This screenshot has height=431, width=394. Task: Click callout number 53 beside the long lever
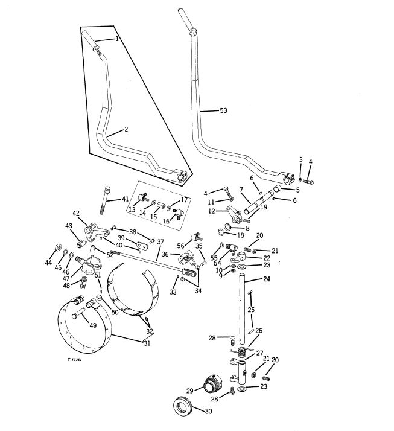(x=223, y=110)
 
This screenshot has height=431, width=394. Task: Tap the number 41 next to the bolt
(x=125, y=199)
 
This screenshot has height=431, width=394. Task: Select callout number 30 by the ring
(x=209, y=411)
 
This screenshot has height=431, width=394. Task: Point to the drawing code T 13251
(x=75, y=360)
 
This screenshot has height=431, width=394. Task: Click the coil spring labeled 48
(x=83, y=283)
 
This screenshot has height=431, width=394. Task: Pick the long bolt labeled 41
(x=106, y=200)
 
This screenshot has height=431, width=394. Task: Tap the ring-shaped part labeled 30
(x=182, y=406)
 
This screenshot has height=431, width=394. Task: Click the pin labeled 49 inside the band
(x=78, y=314)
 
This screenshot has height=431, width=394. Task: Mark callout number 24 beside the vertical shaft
(x=267, y=279)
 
